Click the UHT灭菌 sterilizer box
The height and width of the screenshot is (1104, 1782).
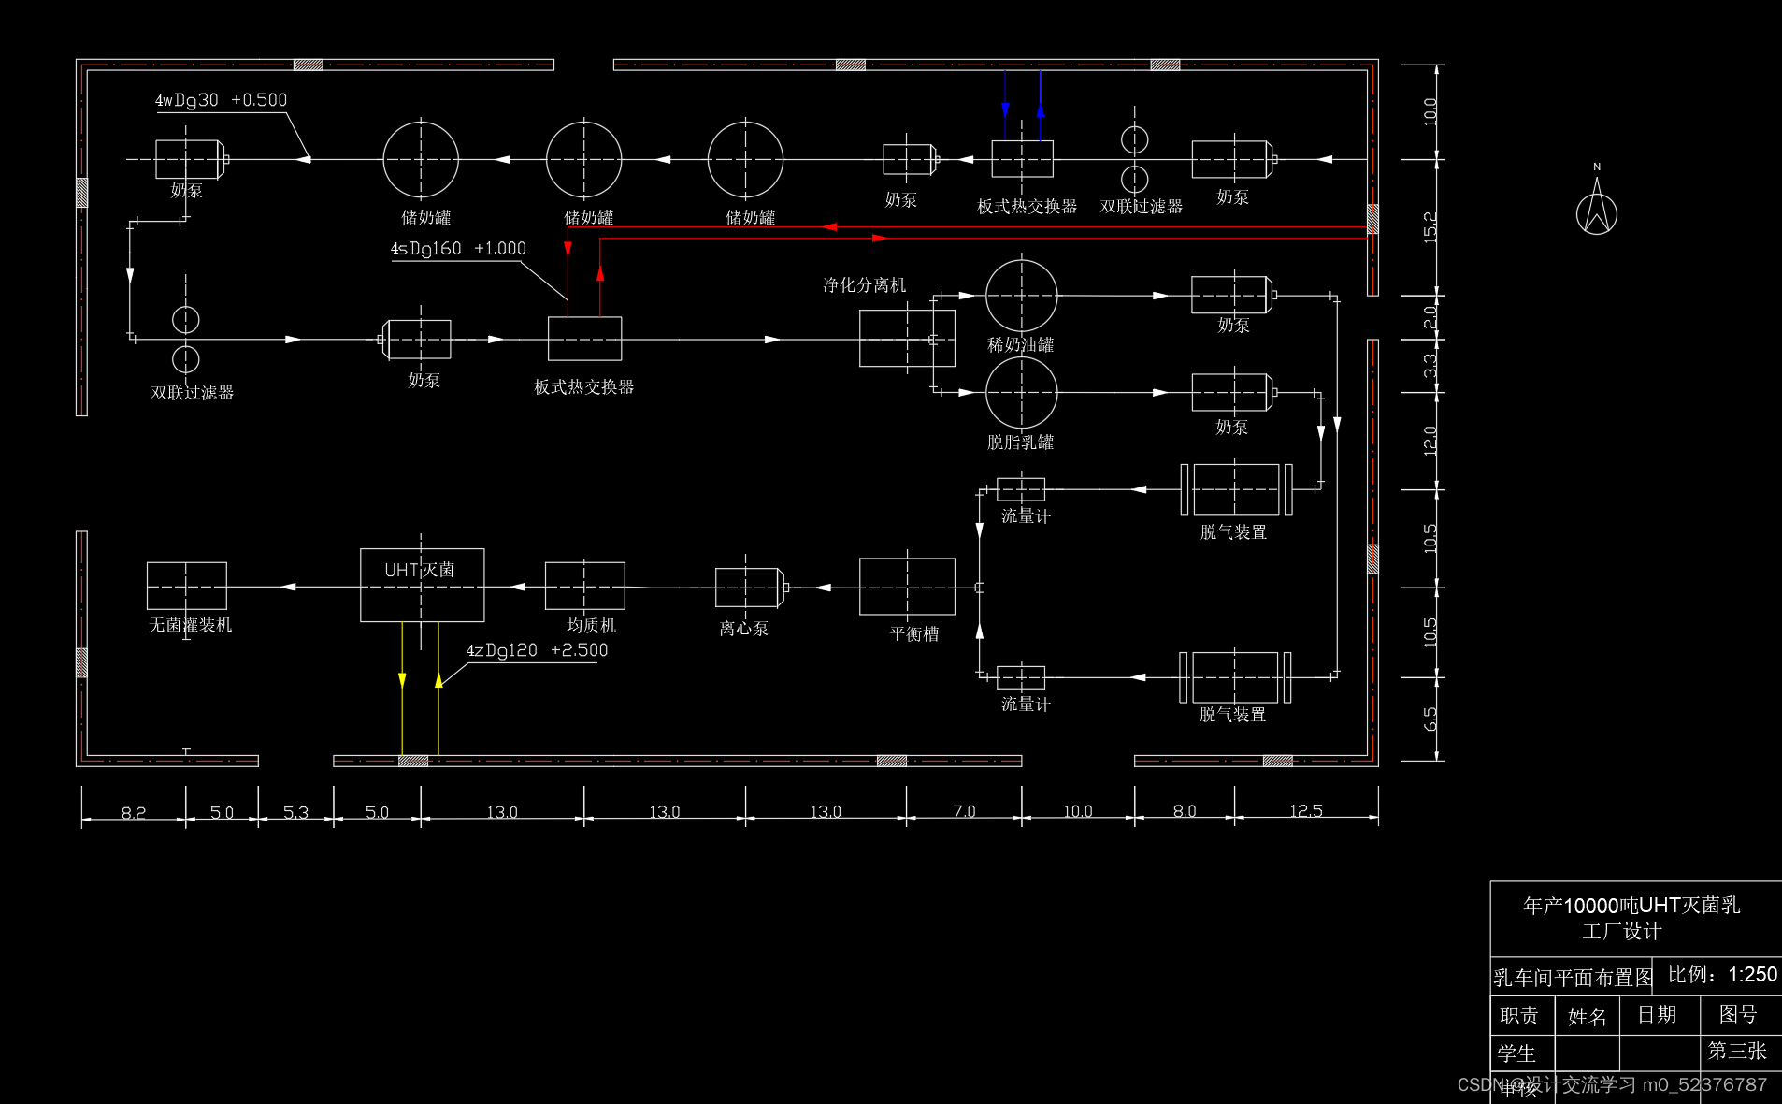click(422, 585)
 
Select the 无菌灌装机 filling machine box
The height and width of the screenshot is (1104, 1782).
click(187, 586)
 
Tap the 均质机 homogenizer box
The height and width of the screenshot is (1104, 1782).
click(584, 586)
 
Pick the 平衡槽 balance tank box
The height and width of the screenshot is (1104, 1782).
click(907, 587)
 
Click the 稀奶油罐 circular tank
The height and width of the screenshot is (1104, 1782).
click(1021, 296)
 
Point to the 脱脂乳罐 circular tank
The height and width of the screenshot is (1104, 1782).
click(1021, 393)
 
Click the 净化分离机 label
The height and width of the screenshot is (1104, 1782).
click(864, 285)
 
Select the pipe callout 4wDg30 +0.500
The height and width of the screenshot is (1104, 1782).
click(221, 100)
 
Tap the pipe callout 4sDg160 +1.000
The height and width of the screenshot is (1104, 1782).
click(458, 249)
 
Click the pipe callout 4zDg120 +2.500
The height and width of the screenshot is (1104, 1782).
click(537, 650)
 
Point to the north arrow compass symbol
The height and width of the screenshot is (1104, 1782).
click(1597, 208)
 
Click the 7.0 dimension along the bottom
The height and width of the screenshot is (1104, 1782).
click(964, 811)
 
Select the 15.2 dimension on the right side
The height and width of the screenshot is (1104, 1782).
click(1430, 227)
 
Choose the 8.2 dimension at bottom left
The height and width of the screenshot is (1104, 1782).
click(134, 812)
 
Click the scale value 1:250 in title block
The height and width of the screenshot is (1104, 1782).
click(1752, 975)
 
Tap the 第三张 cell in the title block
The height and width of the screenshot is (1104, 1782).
click(1737, 1051)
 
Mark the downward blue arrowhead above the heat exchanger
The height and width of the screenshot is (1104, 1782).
click(1005, 110)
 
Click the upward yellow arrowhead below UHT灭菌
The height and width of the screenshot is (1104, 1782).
click(438, 680)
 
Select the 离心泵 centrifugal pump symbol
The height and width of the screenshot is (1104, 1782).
click(747, 588)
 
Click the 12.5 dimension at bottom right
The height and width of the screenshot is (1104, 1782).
click(1306, 811)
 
